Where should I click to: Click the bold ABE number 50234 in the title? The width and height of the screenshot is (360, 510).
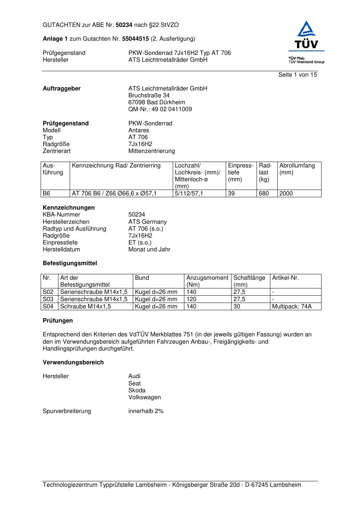coord(124,25)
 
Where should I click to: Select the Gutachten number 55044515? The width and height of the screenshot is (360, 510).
coord(135,39)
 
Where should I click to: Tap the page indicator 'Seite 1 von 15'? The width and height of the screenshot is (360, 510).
coord(298,75)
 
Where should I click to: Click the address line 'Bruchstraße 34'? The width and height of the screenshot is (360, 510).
coord(149,96)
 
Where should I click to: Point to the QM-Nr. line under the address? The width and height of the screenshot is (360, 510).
coord(160,109)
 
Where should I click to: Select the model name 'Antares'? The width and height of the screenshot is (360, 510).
coord(139,130)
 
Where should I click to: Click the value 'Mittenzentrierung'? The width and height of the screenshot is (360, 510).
coord(151,151)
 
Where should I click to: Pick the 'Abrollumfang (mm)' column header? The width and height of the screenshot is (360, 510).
coord(297,169)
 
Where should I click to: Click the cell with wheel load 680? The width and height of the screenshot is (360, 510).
coord(264,194)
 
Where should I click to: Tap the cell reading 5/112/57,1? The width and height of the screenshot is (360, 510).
coord(189,194)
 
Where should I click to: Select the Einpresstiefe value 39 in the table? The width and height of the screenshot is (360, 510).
coord(232,194)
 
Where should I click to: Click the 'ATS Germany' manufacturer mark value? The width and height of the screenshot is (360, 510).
coord(147,222)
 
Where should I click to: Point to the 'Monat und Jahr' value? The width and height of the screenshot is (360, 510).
coord(149,250)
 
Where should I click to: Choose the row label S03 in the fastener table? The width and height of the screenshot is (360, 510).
coord(48,299)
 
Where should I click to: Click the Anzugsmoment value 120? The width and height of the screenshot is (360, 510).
coord(191,299)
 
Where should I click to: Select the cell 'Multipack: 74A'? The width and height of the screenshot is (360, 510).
coord(292,307)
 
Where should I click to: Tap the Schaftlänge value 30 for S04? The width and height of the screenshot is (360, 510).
coord(237,307)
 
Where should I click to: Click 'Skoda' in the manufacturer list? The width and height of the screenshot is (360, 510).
coord(137,390)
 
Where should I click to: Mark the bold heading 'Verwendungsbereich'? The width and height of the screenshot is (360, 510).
coord(73,363)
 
